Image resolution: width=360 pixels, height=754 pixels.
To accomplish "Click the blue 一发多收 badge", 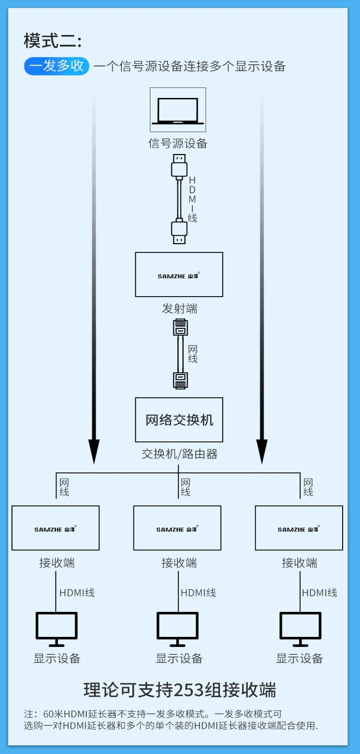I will tap(57, 66).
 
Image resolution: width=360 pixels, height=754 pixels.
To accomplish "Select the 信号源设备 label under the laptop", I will tap(178, 144).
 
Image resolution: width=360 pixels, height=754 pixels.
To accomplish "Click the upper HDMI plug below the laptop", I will tap(179, 166).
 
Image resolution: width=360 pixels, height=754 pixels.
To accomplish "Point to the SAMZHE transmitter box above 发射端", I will tap(179, 275).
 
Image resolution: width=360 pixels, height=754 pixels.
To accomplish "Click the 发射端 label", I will tap(180, 309).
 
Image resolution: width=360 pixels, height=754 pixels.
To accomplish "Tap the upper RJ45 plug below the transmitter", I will tap(180, 328).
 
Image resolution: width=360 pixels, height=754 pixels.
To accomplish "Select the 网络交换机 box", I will tap(179, 420).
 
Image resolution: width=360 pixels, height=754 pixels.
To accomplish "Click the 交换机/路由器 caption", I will tap(180, 454).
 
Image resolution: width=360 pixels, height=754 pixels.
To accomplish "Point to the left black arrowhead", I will tap(94, 451).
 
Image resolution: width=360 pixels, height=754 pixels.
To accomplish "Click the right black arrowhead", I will tap(262, 451).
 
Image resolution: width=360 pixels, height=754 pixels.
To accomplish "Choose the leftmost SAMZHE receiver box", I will tap(56, 528).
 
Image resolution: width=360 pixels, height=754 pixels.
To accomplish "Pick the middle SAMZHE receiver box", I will tap(177, 528).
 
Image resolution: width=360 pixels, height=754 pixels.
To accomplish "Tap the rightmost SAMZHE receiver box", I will tap(299, 528).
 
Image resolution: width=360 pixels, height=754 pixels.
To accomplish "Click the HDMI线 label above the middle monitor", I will tap(198, 593).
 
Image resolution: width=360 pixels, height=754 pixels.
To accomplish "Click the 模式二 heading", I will tap(52, 41).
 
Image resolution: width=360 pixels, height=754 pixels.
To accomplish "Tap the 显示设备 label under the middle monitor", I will tap(179, 658).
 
